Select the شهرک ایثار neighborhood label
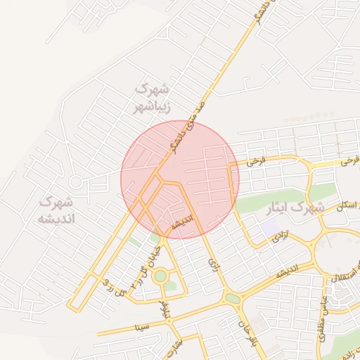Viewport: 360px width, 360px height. tap(295, 209)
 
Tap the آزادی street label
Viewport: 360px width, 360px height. tap(281, 237)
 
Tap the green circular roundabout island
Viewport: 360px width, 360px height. tap(161, 276)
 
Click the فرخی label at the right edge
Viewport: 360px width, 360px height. tap(349, 161)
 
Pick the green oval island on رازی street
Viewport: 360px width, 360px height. tap(233, 299)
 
